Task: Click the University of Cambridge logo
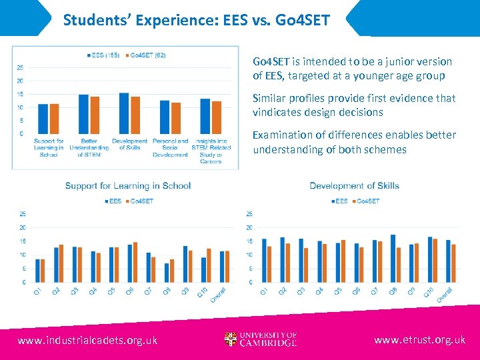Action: tap(261, 339)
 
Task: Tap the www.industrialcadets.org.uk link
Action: tap(87, 340)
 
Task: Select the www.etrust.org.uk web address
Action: tap(419, 340)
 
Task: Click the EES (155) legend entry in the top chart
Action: tap(103, 55)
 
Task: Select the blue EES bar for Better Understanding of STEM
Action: tap(83, 114)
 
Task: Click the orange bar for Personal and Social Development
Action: tap(176, 118)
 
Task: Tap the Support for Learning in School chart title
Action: tap(128, 185)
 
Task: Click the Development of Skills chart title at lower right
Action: tap(355, 185)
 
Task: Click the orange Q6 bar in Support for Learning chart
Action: tap(135, 262)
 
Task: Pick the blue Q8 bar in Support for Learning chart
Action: tap(167, 273)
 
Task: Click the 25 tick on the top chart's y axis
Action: tap(21, 67)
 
